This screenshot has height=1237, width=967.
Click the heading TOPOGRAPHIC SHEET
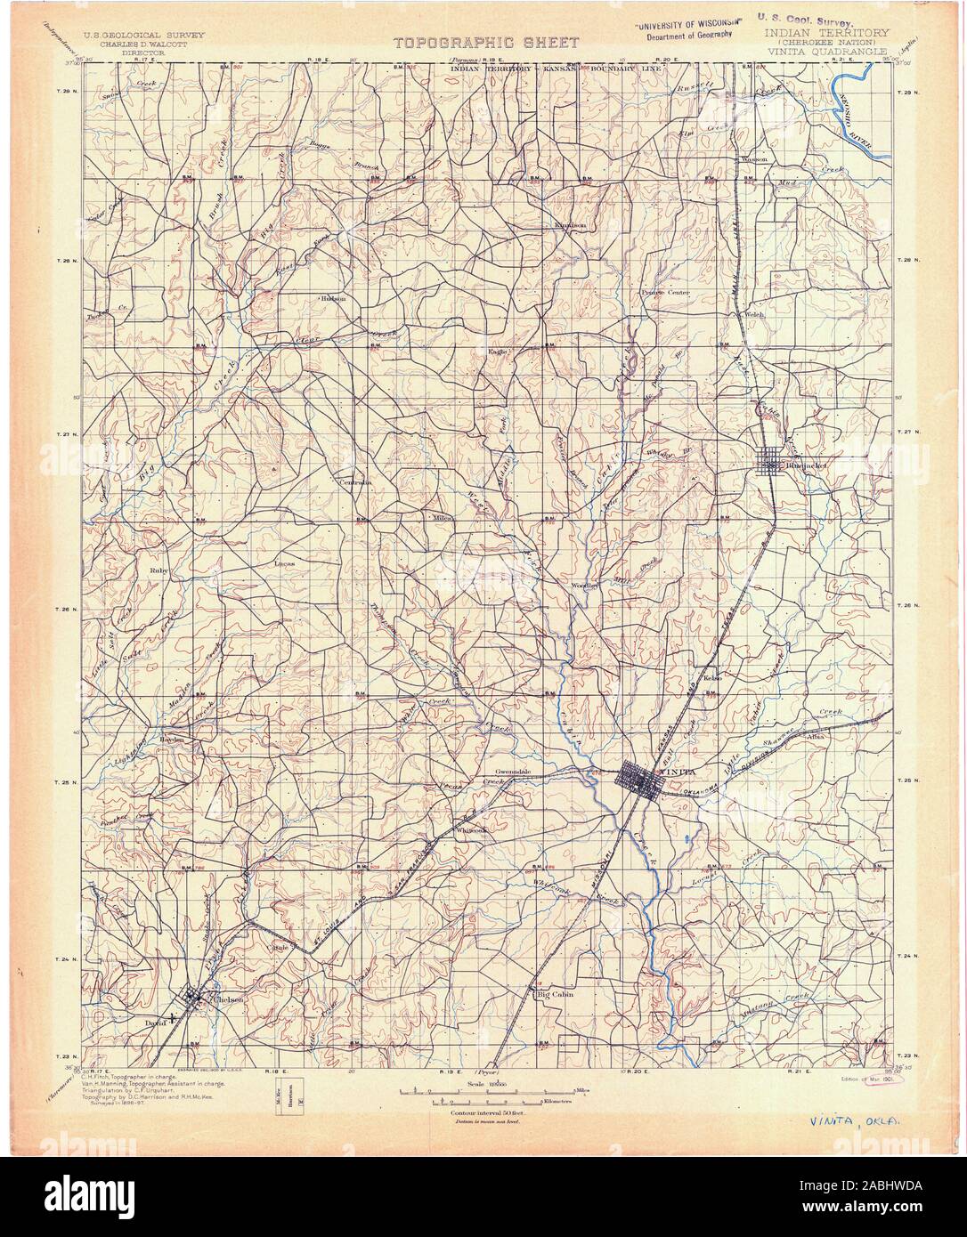pyautogui.click(x=486, y=42)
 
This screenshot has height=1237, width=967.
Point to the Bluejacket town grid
pyautogui.click(x=768, y=462)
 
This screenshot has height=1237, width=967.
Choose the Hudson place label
pyautogui.click(x=333, y=298)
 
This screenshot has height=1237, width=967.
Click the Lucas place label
pyautogui.click(x=285, y=563)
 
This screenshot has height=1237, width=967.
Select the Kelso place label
pyautogui.click(x=711, y=677)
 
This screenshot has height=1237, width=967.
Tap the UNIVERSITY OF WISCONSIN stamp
pyautogui.click(x=684, y=25)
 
